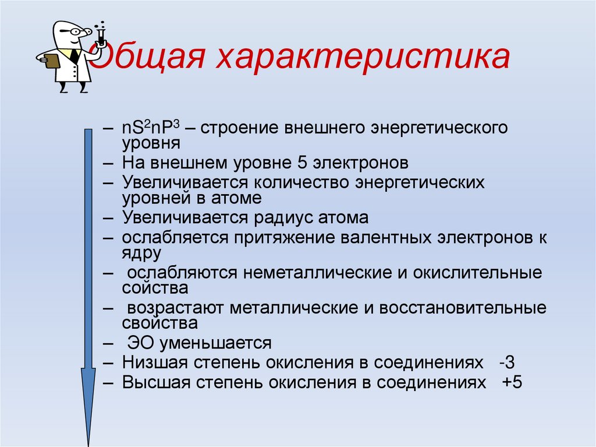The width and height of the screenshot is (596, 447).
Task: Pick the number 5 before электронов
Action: (308, 162)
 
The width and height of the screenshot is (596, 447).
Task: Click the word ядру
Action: (141, 254)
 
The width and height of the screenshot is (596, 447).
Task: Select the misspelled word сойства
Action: (155, 288)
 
